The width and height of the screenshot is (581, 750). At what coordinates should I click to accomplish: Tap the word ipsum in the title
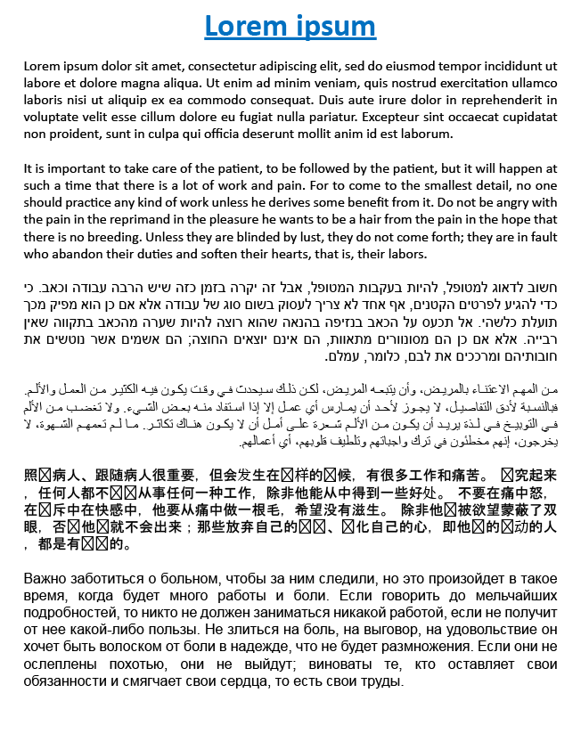335,27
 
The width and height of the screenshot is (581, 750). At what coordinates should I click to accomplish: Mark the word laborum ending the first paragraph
427,134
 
